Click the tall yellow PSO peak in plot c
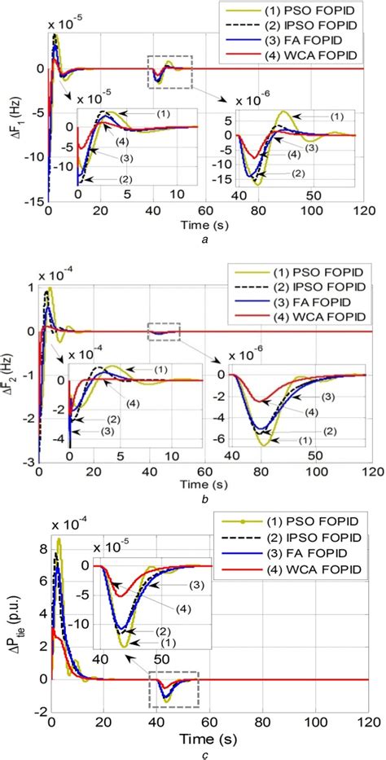click(x=59, y=540)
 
